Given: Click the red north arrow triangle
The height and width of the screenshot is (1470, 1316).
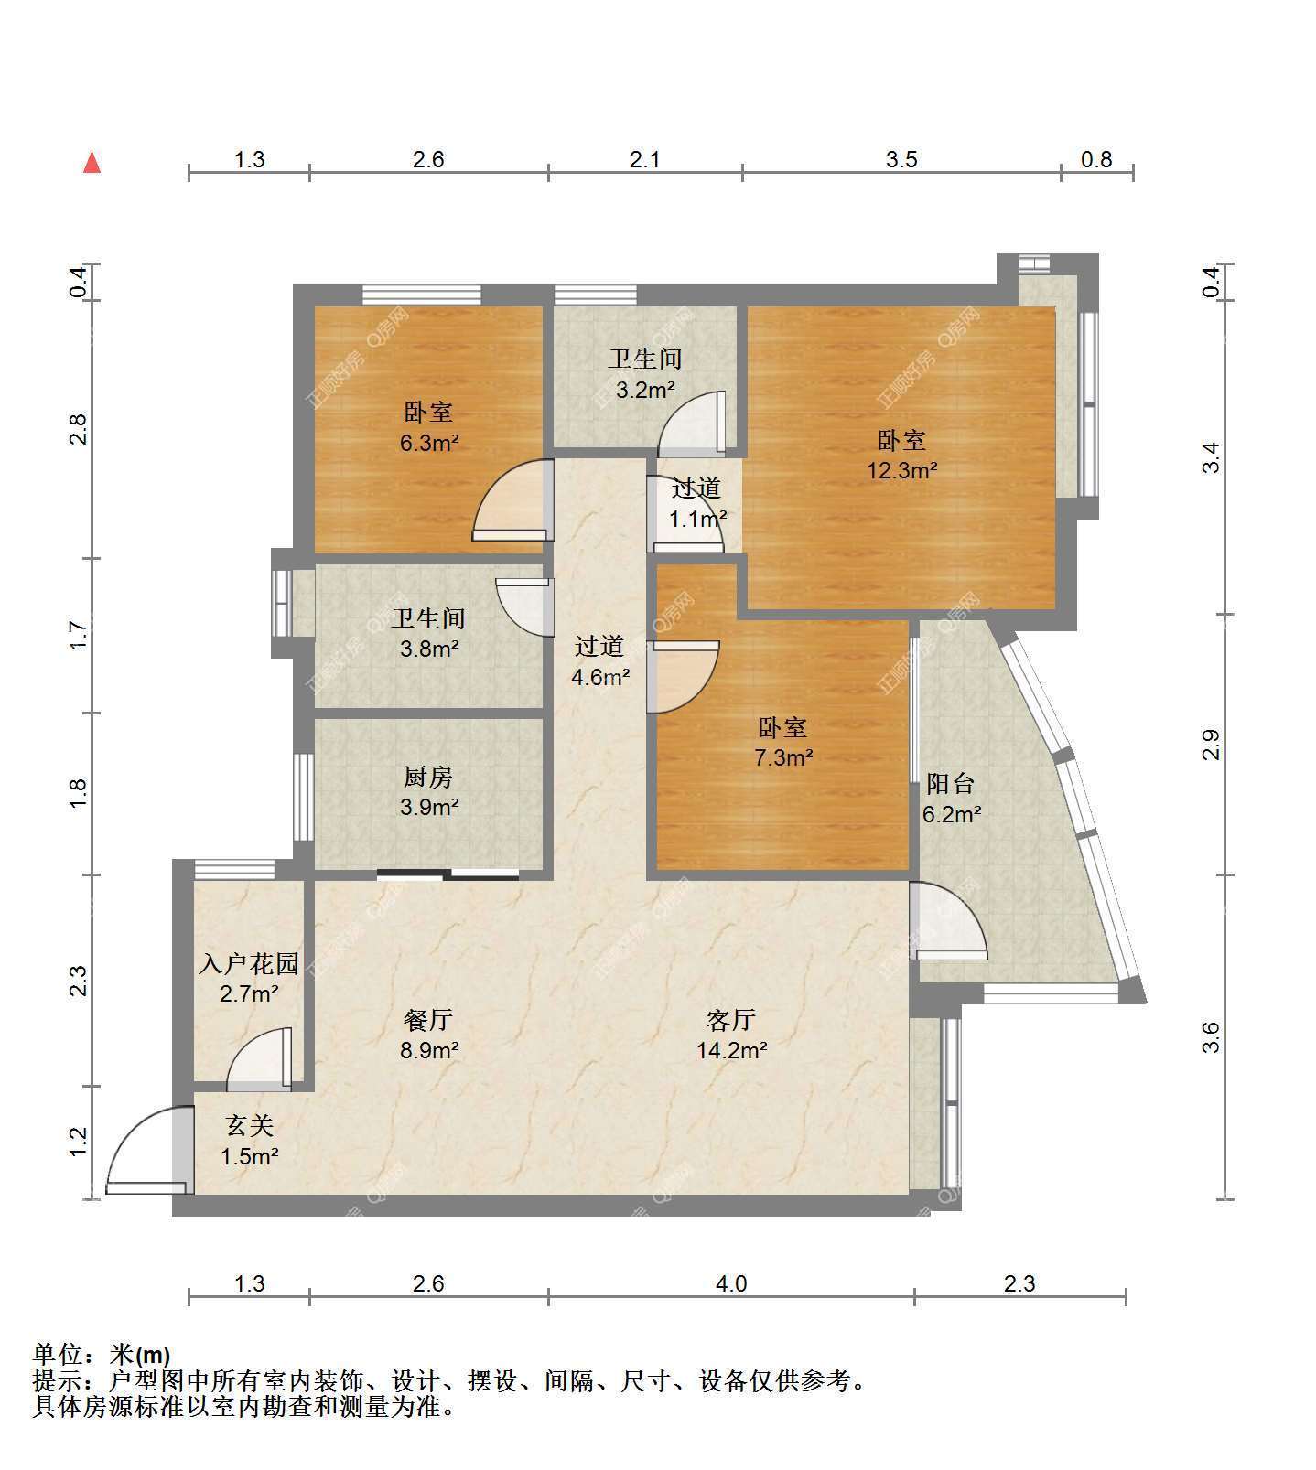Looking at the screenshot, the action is pyautogui.click(x=92, y=162).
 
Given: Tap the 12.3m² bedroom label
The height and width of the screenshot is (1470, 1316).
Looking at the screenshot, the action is pyautogui.click(x=901, y=456).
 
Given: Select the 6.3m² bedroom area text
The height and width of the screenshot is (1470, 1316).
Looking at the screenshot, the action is pyautogui.click(x=428, y=444).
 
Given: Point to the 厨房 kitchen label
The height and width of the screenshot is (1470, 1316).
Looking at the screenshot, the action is pyautogui.click(x=428, y=778).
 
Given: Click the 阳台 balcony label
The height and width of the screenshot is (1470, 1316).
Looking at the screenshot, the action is pyautogui.click(x=951, y=783).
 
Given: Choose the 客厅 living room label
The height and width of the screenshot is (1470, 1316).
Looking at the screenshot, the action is pyautogui.click(x=731, y=1019).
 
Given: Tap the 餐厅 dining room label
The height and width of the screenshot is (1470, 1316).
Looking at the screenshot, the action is pyautogui.click(x=428, y=1019).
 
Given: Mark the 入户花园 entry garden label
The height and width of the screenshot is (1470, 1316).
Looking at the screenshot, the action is pyautogui.click(x=249, y=963).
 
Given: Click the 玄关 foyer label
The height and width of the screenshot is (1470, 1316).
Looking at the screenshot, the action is pyautogui.click(x=249, y=1126).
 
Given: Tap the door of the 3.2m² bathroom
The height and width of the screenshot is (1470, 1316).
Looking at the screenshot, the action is pyautogui.click(x=693, y=423).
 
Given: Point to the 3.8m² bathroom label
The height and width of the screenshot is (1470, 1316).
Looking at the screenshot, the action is pyautogui.click(x=428, y=634).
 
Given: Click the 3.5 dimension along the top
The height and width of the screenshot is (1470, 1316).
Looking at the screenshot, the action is pyautogui.click(x=901, y=160).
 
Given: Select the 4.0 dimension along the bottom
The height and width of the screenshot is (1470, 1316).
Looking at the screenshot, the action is pyautogui.click(x=731, y=1283).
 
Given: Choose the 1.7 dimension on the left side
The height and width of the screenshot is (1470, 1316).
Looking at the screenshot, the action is pyautogui.click(x=79, y=636).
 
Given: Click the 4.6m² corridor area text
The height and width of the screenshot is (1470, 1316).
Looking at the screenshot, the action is pyautogui.click(x=599, y=678).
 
